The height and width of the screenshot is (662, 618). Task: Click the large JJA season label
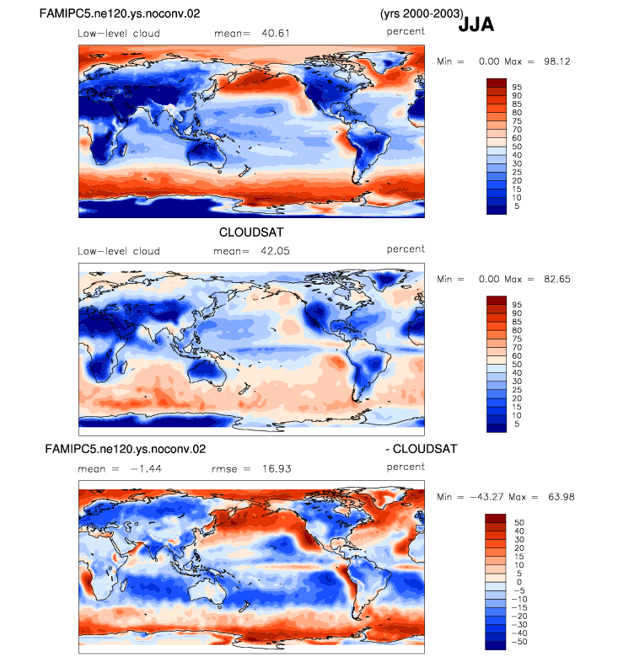476,24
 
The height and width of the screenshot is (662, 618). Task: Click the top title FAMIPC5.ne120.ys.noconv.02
120,13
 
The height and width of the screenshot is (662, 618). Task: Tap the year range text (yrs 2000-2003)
422,13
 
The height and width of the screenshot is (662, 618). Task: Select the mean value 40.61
276,34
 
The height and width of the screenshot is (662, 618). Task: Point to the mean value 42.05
275,251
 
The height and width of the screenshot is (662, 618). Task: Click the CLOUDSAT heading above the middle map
251,232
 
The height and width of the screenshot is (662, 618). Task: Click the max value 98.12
557,61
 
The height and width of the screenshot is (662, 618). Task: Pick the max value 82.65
557,280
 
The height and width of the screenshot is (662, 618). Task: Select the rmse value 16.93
277,469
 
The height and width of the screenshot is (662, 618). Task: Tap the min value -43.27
486,497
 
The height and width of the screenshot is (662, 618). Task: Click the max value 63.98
562,497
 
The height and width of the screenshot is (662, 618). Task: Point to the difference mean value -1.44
146,469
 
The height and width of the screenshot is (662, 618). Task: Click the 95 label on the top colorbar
517,88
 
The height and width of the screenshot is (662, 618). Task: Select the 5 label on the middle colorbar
517,424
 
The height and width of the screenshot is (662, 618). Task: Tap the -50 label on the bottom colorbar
519,642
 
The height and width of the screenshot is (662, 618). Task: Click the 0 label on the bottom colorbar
519,582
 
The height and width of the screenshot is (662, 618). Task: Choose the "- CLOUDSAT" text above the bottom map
422,449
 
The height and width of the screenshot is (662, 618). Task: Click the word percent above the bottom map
406,467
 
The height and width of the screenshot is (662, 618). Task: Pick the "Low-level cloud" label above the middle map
119,251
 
